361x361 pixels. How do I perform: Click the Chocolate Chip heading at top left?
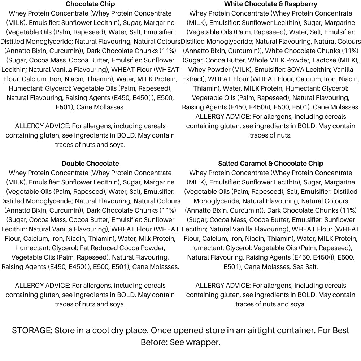pos(90,4)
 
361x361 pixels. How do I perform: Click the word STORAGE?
pos(32,331)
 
